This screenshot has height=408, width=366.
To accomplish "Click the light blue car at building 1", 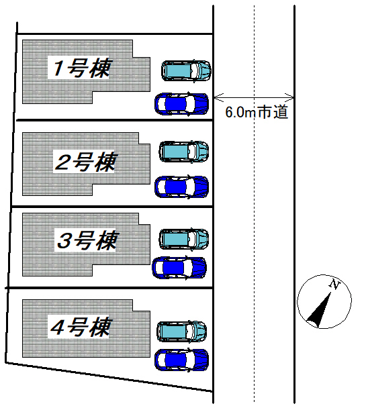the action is tap(186, 70).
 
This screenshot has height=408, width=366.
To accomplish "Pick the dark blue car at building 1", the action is tap(181, 104).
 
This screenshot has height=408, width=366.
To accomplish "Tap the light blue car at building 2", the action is tap(184, 152).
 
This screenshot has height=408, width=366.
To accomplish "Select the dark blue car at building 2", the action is tap(181, 187).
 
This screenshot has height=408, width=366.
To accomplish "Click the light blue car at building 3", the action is tap(184, 239).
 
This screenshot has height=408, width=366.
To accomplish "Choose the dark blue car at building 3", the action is tap(179, 268).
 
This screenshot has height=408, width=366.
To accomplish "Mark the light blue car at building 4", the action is tap(182, 331).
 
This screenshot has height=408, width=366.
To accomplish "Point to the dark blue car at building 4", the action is tap(181, 360).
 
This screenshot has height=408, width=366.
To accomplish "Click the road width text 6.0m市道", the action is tap(257, 112).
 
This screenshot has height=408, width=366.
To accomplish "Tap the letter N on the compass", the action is tap(335, 284).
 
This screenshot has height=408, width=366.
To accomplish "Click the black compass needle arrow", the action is tap(319, 309).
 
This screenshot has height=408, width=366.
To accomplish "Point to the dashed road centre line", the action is tap(255, 204).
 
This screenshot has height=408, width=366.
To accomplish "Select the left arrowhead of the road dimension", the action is tap(219, 97).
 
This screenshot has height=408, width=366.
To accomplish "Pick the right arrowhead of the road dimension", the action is tap(289, 97).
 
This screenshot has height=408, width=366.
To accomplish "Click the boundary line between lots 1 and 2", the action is tap(115, 120).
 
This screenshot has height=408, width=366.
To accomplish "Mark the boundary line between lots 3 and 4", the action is tap(109, 288).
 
